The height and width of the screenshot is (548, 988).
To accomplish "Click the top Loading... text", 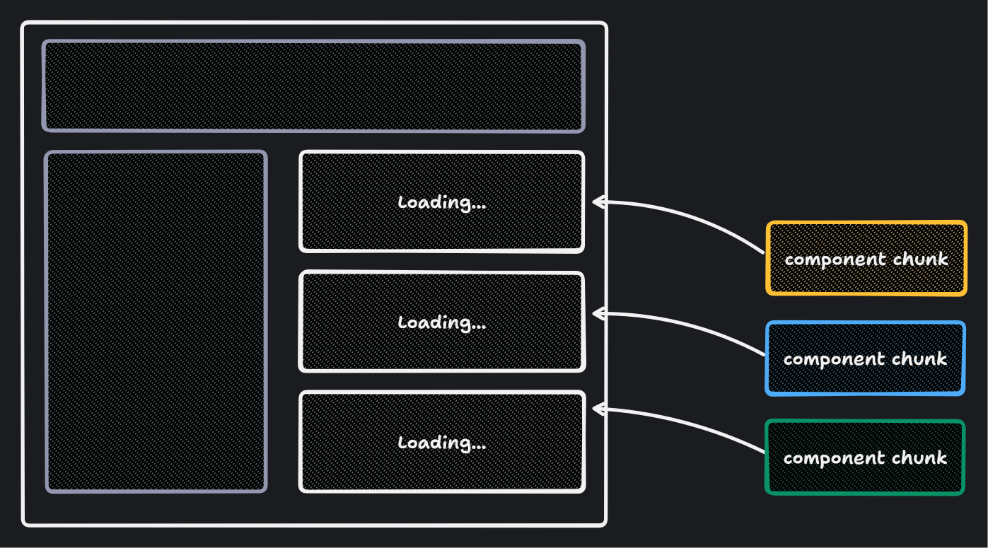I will (442, 202).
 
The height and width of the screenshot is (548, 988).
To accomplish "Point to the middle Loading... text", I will (442, 322).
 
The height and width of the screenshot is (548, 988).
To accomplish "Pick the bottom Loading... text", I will (442, 443).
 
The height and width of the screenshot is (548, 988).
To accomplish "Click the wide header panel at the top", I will (313, 86).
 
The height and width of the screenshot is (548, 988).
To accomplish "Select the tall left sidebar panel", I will (156, 321).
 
